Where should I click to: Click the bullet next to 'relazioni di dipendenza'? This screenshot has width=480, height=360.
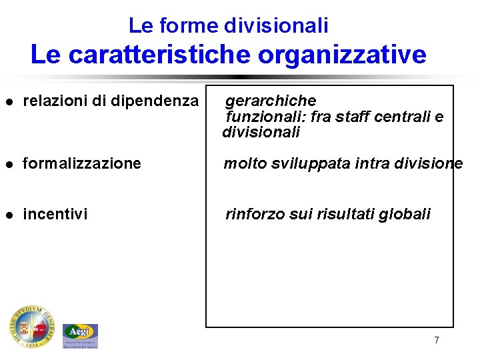[9, 102]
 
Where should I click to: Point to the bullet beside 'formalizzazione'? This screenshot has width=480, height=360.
[9, 164]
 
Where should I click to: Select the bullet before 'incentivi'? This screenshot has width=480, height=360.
[9, 215]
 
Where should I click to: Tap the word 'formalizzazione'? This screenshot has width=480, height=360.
[82, 163]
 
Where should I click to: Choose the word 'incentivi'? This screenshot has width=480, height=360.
[55, 214]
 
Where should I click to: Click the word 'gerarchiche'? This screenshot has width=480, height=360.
[271, 101]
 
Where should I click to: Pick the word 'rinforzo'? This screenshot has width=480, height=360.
[255, 214]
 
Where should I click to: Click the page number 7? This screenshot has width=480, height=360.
[436, 340]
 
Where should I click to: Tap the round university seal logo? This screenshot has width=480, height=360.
[31, 326]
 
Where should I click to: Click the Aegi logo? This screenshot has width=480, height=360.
[80, 335]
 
